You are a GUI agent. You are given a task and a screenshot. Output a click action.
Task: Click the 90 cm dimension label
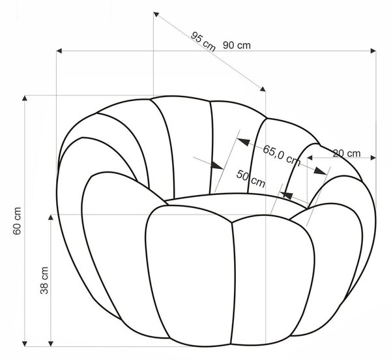(x=237, y=46)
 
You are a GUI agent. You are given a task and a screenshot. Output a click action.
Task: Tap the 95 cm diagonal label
(x=203, y=42)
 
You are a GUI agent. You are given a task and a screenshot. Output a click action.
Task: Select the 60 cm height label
(x=17, y=221)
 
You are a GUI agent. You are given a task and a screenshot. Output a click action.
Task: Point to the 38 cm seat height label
(x=44, y=280)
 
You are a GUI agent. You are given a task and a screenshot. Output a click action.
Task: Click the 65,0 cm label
(x=282, y=155)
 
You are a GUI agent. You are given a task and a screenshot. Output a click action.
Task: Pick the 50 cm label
(x=251, y=179)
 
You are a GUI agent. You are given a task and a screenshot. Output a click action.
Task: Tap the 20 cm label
(x=347, y=153)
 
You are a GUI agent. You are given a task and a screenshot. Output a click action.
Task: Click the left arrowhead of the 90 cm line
(x=59, y=51)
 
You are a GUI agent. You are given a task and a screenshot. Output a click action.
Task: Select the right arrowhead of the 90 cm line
(x=373, y=51)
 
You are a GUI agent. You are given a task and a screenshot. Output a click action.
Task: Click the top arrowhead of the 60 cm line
(x=25, y=98)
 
